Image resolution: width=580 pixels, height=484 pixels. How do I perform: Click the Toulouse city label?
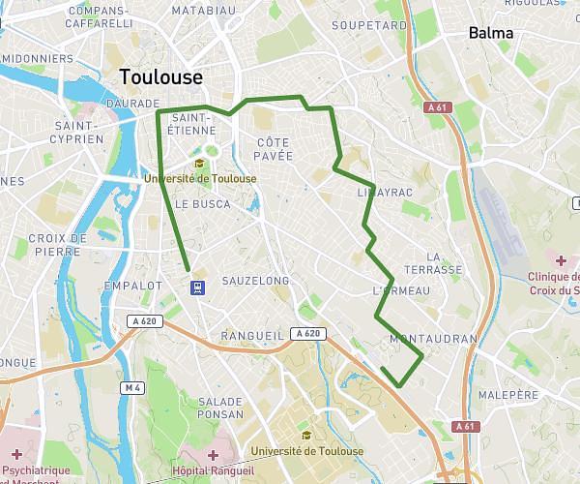tap(160, 77)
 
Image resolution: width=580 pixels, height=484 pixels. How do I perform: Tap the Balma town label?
tap(490, 33)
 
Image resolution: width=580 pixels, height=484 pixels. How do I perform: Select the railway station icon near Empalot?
tap(197, 287)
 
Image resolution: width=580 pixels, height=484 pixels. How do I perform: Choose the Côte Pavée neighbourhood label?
tap(274, 148)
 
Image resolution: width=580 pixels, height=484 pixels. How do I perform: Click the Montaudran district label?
tap(433, 340)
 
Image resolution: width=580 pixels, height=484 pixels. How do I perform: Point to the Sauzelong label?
tap(255, 281)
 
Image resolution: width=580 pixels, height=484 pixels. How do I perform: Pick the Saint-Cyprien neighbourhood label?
tap(78, 133)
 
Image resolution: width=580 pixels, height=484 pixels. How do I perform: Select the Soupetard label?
tap(369, 25)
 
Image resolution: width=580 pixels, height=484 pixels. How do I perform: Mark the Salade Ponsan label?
tap(220, 408)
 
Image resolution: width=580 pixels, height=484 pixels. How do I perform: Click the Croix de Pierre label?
tap(58, 244)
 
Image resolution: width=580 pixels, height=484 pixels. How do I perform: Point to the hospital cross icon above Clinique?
tap(561, 260)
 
